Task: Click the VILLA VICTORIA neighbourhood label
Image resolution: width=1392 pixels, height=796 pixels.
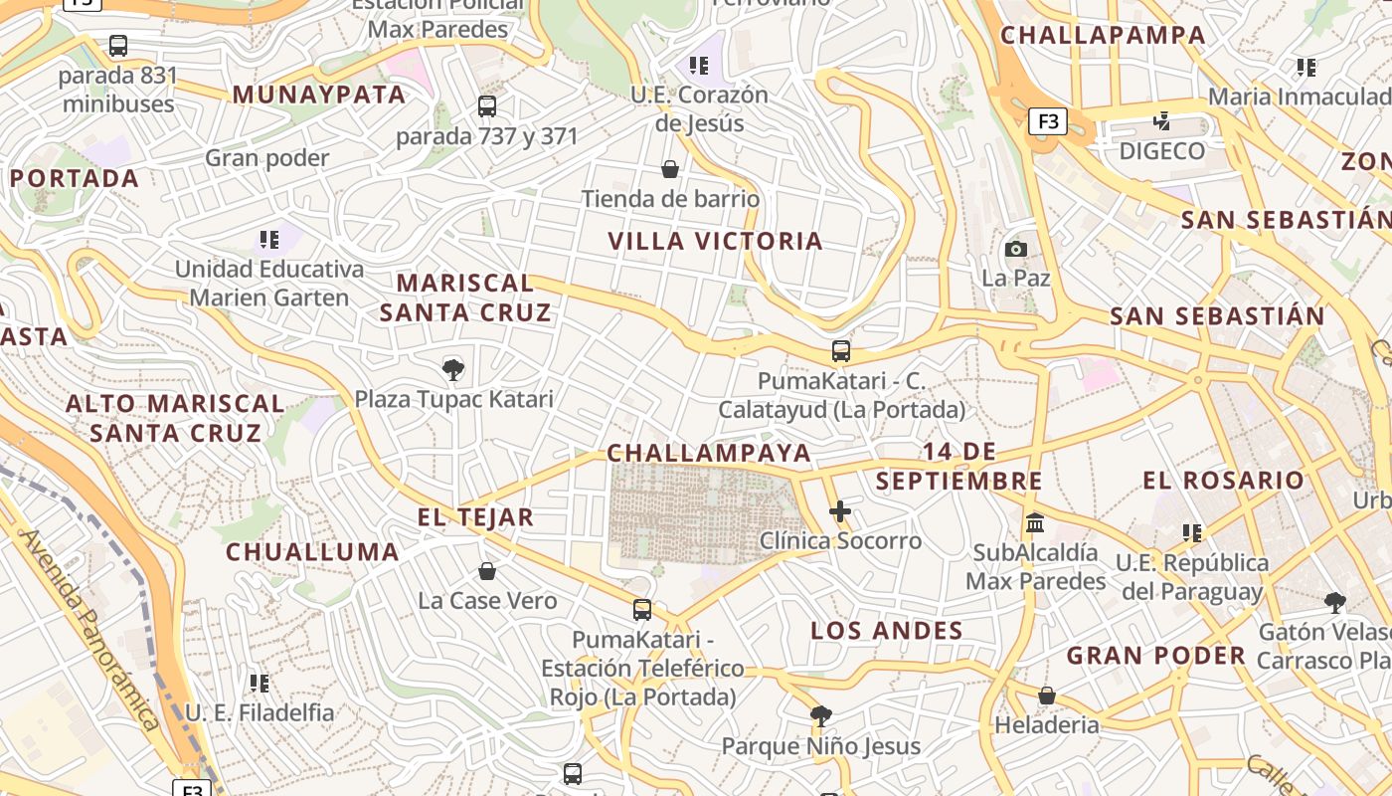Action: (715, 241)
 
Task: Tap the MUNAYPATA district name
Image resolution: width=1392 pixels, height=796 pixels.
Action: (319, 95)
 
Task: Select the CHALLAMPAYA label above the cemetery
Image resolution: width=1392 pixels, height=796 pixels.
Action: (709, 453)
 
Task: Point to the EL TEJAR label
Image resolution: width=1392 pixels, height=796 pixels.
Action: (475, 517)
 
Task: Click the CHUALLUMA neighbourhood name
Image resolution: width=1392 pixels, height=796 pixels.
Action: (312, 552)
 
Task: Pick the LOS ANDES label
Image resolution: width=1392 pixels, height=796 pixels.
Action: (887, 630)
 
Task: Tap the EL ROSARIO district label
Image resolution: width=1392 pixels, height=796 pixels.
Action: (1223, 481)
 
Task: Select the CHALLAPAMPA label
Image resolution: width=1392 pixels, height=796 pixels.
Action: (1103, 35)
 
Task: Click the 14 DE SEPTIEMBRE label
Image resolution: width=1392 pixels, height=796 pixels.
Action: (959, 466)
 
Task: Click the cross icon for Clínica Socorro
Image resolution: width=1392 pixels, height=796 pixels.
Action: (840, 511)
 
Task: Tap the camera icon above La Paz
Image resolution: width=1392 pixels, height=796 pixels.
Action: (1016, 249)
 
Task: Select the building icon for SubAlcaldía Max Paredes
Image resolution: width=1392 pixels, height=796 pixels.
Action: (1035, 522)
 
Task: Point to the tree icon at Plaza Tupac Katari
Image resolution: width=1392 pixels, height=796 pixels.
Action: (453, 370)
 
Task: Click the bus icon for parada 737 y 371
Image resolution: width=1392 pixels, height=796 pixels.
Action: (487, 106)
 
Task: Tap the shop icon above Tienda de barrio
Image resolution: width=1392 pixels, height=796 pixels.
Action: (670, 169)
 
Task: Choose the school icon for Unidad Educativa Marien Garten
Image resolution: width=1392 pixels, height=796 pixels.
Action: (268, 240)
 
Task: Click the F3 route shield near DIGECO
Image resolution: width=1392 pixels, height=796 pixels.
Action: (1047, 121)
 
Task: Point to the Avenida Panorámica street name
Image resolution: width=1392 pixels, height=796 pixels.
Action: (89, 629)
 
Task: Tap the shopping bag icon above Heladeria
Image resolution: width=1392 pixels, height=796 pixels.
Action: (1047, 696)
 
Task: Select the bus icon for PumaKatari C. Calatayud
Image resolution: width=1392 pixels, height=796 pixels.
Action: (841, 351)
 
